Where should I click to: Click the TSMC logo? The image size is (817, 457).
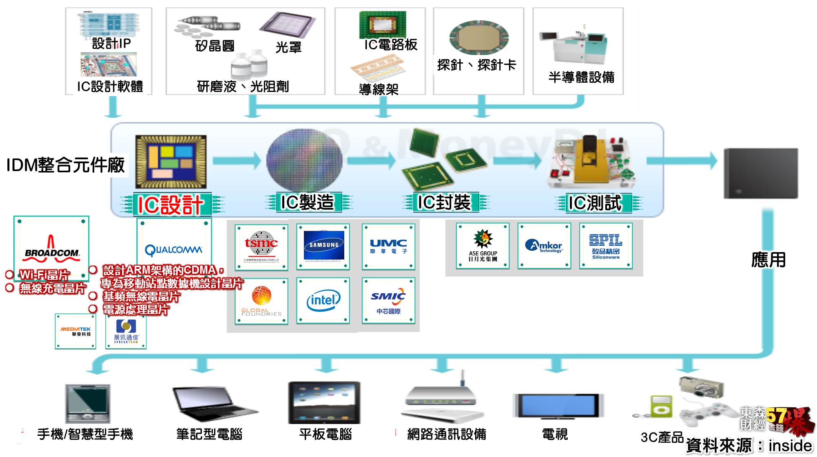[261, 247]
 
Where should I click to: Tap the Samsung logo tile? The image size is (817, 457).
[323, 246]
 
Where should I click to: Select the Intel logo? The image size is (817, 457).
[323, 301]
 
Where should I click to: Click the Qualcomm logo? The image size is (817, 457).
[174, 249]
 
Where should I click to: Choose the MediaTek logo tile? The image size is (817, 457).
[75, 331]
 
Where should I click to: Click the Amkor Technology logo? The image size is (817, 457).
[544, 246]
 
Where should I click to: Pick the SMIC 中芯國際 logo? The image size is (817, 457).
[388, 301]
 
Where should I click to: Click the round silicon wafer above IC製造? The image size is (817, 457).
[304, 160]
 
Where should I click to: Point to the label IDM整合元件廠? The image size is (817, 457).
[65, 165]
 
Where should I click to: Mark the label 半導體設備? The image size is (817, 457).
[581, 77]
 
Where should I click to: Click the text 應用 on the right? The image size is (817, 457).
[768, 259]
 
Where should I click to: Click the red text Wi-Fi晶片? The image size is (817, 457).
[44, 275]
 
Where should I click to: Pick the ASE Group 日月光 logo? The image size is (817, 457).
[483, 246]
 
